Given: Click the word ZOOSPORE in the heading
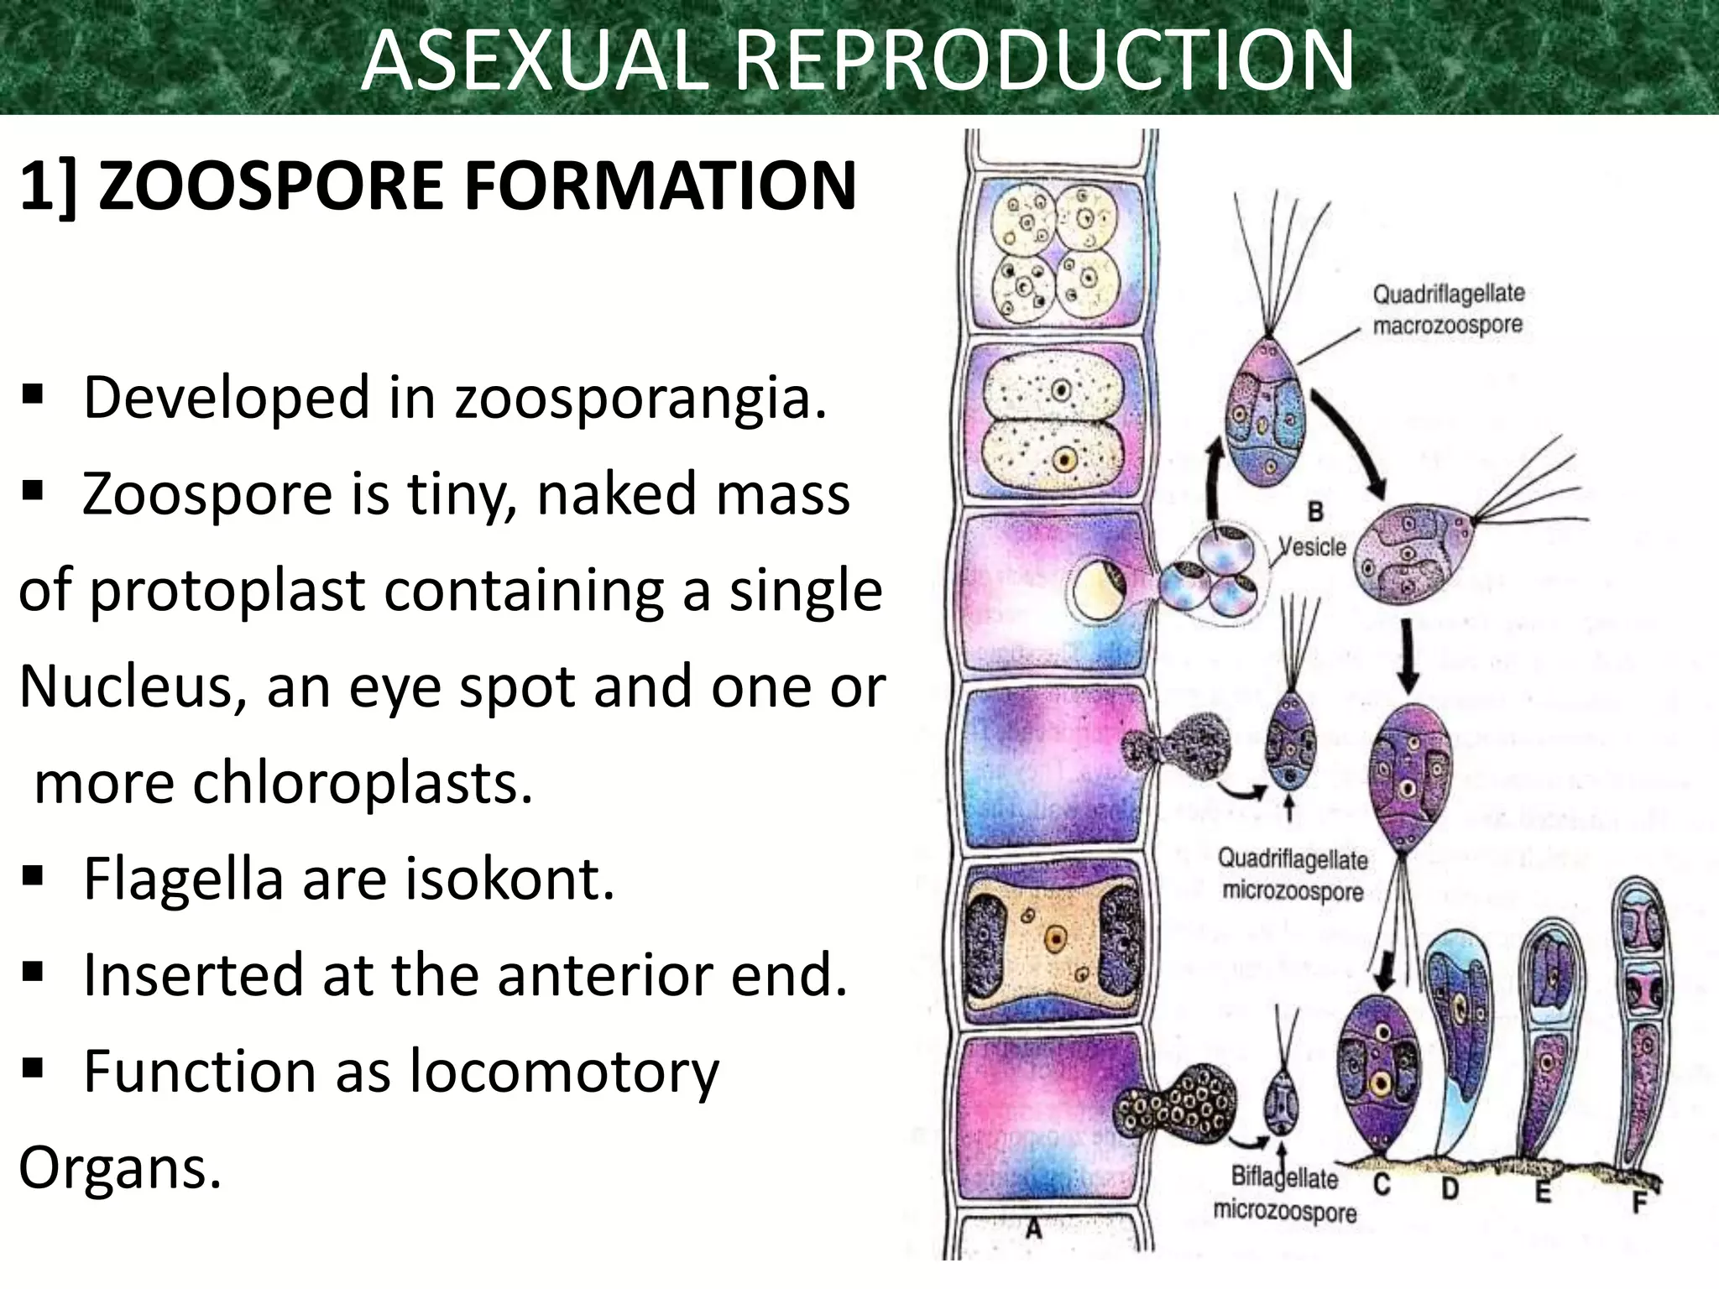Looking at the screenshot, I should (x=275, y=186).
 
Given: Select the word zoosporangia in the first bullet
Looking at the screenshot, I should (x=640, y=397).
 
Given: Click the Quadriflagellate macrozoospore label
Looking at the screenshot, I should (x=1447, y=309).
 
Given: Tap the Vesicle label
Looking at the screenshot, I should (x=1311, y=547).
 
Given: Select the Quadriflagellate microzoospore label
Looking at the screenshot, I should (x=1293, y=874).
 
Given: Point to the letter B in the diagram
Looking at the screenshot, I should (x=1315, y=511).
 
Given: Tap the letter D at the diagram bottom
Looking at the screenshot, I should (x=1450, y=1189).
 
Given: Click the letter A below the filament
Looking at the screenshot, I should (x=1034, y=1229).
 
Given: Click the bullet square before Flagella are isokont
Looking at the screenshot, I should (x=33, y=878).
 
